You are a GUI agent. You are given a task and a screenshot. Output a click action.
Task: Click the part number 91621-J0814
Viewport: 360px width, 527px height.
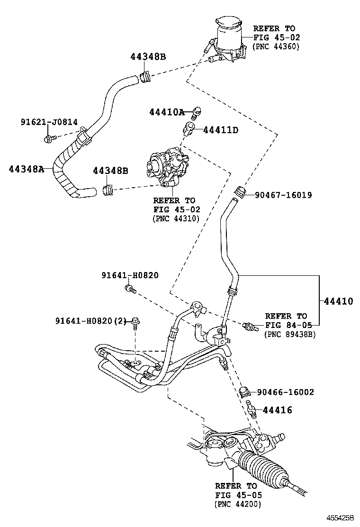point(49,122)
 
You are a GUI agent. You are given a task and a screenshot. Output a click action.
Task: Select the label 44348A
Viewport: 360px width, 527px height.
point(26,169)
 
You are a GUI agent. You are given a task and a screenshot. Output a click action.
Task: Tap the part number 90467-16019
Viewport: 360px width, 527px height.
point(283,195)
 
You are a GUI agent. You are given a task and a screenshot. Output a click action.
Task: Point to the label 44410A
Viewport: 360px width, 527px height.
point(166,112)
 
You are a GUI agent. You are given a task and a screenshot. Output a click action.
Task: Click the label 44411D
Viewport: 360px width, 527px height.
point(220,129)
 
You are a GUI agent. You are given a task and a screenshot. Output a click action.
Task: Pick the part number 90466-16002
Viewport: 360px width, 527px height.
point(285,392)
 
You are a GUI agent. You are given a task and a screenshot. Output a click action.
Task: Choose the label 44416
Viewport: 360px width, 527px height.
point(278,410)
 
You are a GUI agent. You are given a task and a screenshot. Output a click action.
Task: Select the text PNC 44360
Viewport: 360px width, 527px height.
point(277,46)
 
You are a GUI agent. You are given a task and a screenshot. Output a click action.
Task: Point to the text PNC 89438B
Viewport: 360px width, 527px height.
point(290,334)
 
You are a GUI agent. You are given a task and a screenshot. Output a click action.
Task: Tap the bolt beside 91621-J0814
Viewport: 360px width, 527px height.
point(49,138)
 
